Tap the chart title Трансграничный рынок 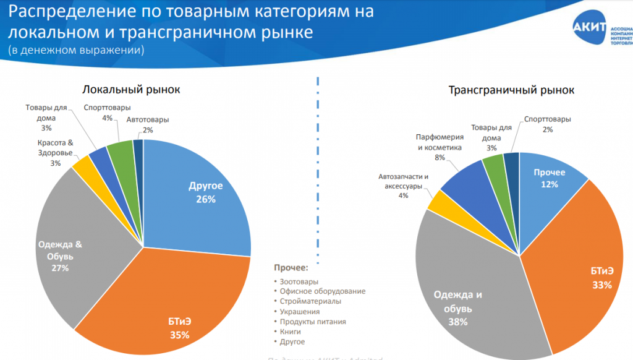(x=511, y=90)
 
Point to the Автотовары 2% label (x=147, y=124)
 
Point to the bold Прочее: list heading (x=291, y=268)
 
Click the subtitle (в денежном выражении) (x=76, y=49)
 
